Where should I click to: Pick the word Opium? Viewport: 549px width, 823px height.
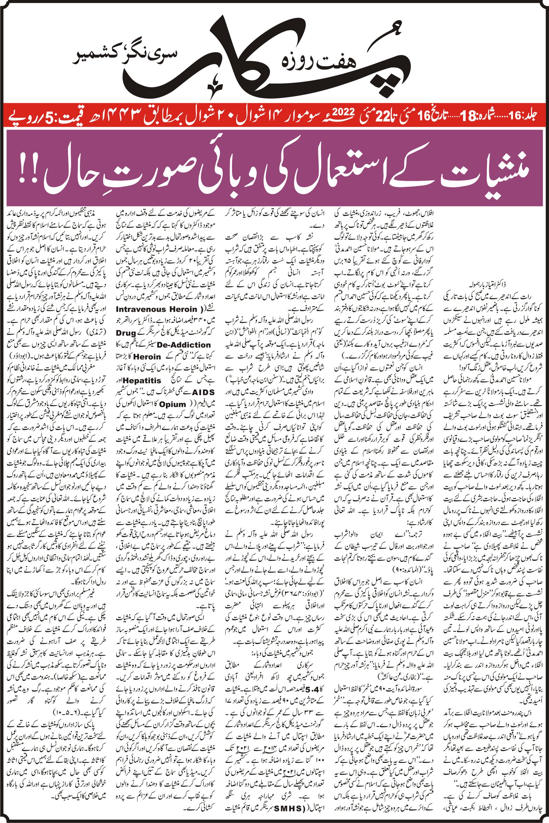coord(173,404)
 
